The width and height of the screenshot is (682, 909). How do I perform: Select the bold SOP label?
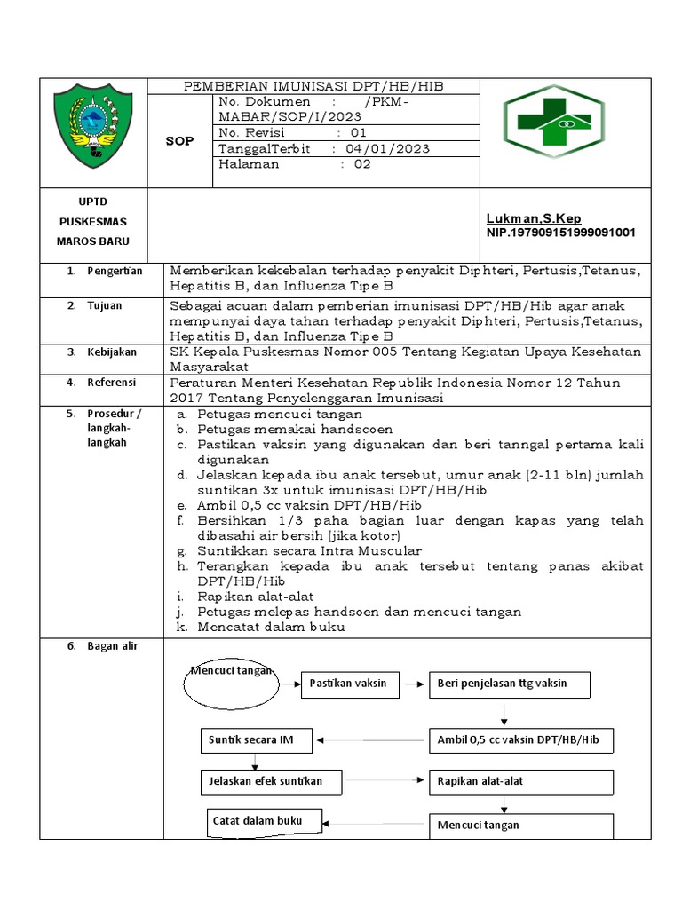click(179, 140)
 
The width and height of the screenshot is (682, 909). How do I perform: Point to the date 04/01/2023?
click(388, 148)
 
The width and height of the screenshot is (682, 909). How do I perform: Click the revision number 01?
click(358, 132)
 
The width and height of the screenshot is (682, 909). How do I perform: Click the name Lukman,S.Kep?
click(534, 218)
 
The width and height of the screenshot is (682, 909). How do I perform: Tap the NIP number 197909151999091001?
click(561, 233)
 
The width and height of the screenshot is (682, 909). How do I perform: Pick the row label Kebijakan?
click(111, 352)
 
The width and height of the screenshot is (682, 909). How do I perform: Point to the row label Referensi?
click(111, 383)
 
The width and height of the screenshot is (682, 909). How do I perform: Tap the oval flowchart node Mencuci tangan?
click(230, 682)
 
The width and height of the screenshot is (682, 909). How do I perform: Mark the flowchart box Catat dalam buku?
click(264, 821)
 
